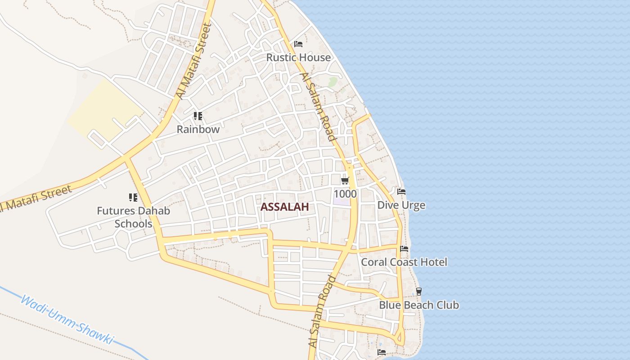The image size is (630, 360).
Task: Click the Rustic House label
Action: point(298,58)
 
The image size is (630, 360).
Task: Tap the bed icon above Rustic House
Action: point(298,44)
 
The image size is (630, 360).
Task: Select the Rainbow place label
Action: point(198,130)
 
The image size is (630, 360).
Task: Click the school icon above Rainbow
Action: point(198,116)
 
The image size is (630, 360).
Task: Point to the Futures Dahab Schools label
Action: point(134,217)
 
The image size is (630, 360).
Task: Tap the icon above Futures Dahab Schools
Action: point(133,197)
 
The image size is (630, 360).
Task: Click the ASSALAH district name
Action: point(284,207)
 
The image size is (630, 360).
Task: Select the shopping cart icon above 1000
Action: point(345,181)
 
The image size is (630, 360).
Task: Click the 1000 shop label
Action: point(345,194)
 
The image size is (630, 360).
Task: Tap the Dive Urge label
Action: point(401,206)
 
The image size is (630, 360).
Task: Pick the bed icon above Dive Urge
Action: point(401,192)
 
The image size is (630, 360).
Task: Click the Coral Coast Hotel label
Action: point(404,262)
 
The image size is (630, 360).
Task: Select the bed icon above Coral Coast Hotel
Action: point(404,248)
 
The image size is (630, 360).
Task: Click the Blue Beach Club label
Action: point(418,305)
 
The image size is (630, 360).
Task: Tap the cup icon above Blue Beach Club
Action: point(418,291)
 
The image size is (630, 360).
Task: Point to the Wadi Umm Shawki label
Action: point(67,319)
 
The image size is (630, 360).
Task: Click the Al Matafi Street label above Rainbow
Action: point(194,61)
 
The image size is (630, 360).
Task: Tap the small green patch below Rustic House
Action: point(333,82)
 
